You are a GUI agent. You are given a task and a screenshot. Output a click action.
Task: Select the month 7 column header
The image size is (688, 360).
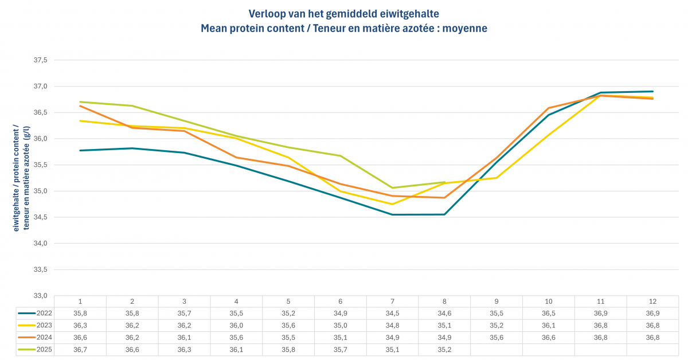pos(392,302)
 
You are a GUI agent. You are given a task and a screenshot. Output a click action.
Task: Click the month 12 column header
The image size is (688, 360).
pos(652,302)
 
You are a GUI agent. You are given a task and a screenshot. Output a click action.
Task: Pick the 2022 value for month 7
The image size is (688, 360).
pos(392,313)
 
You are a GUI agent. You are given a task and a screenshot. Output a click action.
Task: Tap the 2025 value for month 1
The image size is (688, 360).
pos(80,349)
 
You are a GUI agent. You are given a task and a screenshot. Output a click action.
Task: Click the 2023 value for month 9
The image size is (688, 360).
pos(497,324)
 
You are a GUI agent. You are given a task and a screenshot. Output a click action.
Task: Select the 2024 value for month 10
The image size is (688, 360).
pos(549,336)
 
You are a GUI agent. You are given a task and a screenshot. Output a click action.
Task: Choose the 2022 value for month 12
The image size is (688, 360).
pos(652,313)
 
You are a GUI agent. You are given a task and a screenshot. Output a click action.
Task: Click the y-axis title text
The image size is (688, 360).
pos(21,178)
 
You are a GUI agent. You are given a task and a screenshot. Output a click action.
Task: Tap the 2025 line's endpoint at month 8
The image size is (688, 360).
pos(444,182)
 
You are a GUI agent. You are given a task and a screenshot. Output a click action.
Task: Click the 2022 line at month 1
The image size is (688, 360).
pos(80,151)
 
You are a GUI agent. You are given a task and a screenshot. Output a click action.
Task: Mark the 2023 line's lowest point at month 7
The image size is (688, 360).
pos(392,204)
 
